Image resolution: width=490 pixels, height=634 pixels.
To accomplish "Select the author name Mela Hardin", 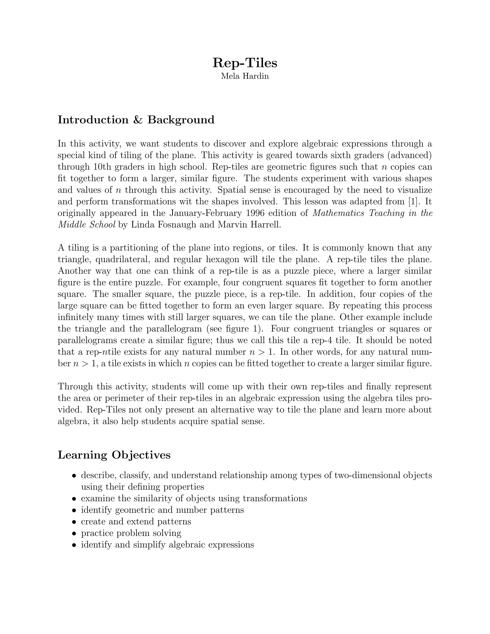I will (x=245, y=76).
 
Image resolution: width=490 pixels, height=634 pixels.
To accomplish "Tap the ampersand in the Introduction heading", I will (x=138, y=120).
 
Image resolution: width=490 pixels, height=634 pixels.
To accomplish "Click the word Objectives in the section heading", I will (x=141, y=455).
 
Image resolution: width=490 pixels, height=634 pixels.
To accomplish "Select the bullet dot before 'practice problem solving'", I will (x=74, y=534).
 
